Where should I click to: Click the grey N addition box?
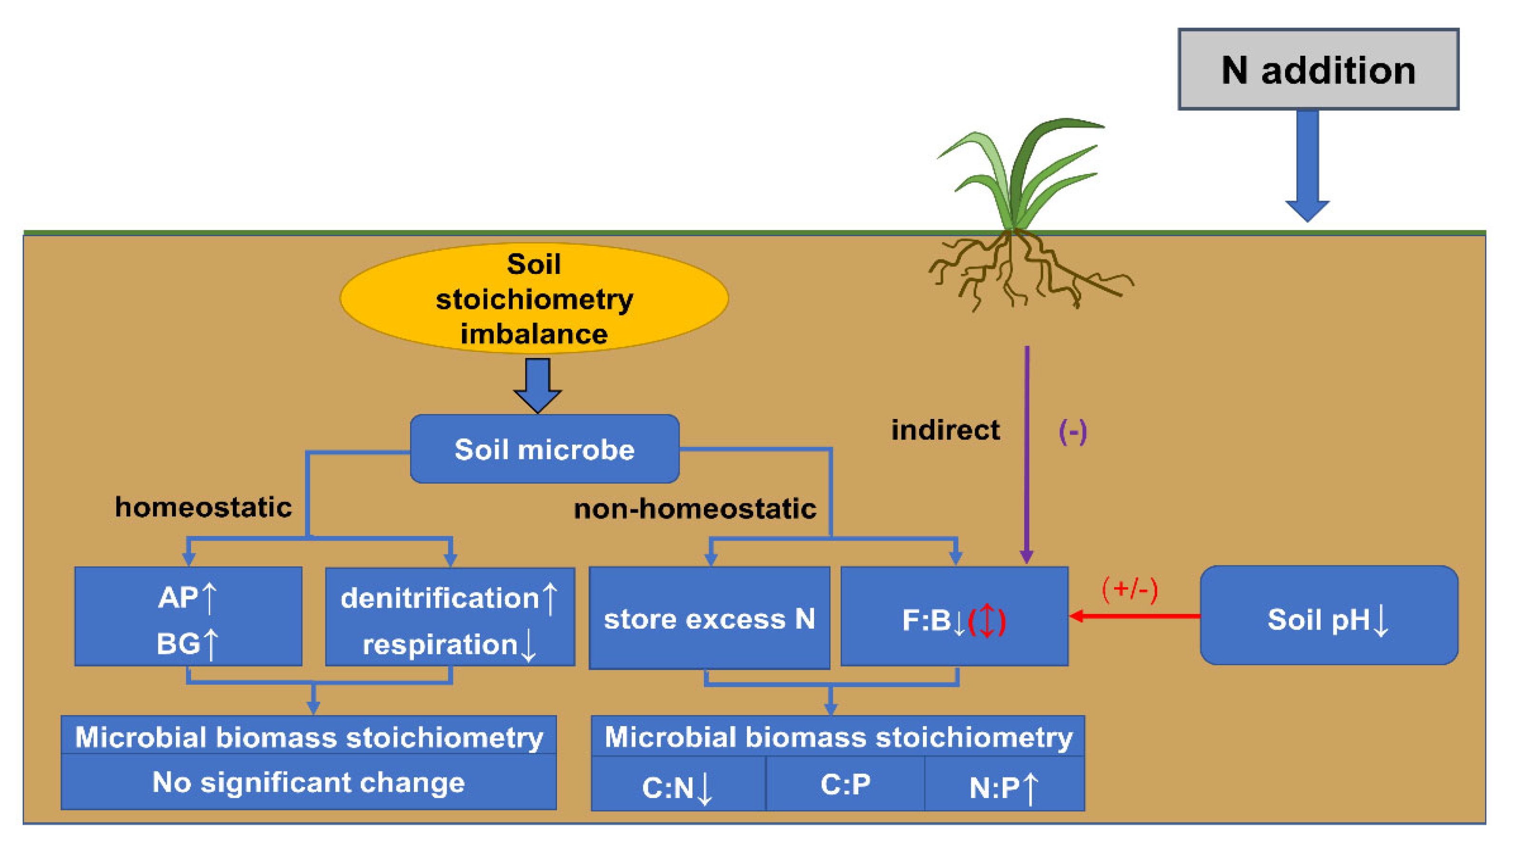[x=1318, y=69]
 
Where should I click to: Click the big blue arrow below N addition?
[x=1307, y=165]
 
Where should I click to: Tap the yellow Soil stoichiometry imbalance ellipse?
[x=534, y=299]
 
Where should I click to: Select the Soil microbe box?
[x=544, y=449]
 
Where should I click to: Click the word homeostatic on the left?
[x=203, y=507]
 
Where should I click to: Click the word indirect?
[x=945, y=430]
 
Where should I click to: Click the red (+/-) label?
[x=1129, y=589]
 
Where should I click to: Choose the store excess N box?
[x=709, y=618]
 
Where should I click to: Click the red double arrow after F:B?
[x=987, y=621]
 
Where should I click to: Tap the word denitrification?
[x=440, y=598]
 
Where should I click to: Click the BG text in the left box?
[x=178, y=643]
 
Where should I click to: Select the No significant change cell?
[x=308, y=782]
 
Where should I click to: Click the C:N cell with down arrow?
[x=677, y=787]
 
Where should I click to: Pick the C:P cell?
[x=845, y=784]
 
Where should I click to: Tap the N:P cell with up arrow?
[x=1003, y=787]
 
